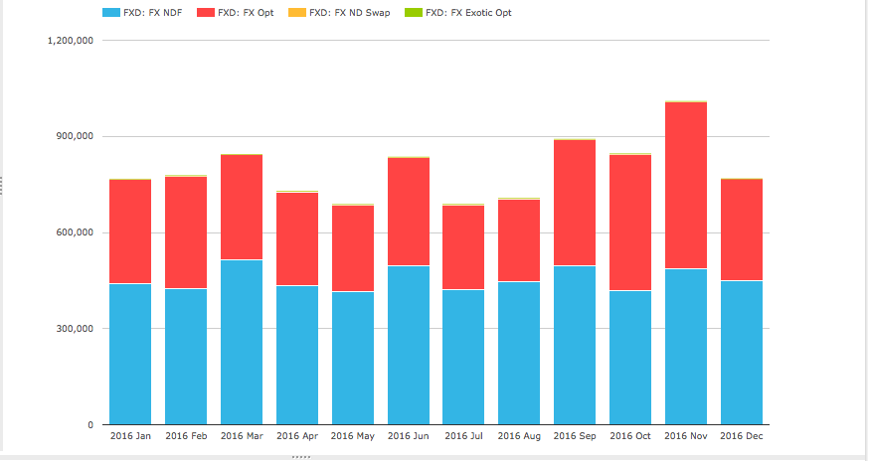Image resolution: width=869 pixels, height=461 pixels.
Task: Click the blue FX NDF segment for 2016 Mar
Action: pyautogui.click(x=242, y=342)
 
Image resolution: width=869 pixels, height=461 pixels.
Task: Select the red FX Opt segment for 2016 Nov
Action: pyautogui.click(x=686, y=186)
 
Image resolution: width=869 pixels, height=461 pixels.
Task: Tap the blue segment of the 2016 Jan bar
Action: pyautogui.click(x=130, y=354)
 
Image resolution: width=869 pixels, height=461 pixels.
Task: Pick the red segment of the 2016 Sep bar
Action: pyautogui.click(x=575, y=203)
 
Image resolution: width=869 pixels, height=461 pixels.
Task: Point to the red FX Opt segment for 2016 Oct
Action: pyautogui.click(x=630, y=223)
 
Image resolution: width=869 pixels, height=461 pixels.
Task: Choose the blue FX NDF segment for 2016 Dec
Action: pyautogui.click(x=742, y=353)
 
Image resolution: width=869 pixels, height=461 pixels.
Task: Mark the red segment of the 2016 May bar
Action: pyautogui.click(x=353, y=248)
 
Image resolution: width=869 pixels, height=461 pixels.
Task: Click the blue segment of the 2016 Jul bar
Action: pyautogui.click(x=463, y=357)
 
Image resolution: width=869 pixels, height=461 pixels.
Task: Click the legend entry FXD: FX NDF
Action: pyautogui.click(x=142, y=13)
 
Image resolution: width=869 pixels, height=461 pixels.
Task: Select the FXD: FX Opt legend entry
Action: pyautogui.click(x=236, y=13)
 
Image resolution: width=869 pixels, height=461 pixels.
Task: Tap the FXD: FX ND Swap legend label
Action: pyautogui.click(x=339, y=13)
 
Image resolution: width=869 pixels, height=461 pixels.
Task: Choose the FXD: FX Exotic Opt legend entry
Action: pyautogui.click(x=458, y=13)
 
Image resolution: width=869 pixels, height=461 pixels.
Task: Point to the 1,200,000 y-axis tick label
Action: pyautogui.click(x=71, y=41)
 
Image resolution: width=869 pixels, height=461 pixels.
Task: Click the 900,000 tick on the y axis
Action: pyautogui.click(x=76, y=136)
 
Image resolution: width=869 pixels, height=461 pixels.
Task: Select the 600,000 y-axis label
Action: pyautogui.click(x=76, y=232)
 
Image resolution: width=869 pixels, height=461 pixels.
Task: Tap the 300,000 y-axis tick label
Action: pyautogui.click(x=76, y=329)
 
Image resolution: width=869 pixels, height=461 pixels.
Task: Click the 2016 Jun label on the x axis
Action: pyautogui.click(x=409, y=436)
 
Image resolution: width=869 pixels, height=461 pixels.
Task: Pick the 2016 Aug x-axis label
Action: pyautogui.click(x=519, y=436)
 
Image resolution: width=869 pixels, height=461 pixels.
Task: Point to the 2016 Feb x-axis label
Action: pyautogui.click(x=186, y=436)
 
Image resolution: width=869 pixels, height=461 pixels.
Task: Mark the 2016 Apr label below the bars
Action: pyautogui.click(x=297, y=436)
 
